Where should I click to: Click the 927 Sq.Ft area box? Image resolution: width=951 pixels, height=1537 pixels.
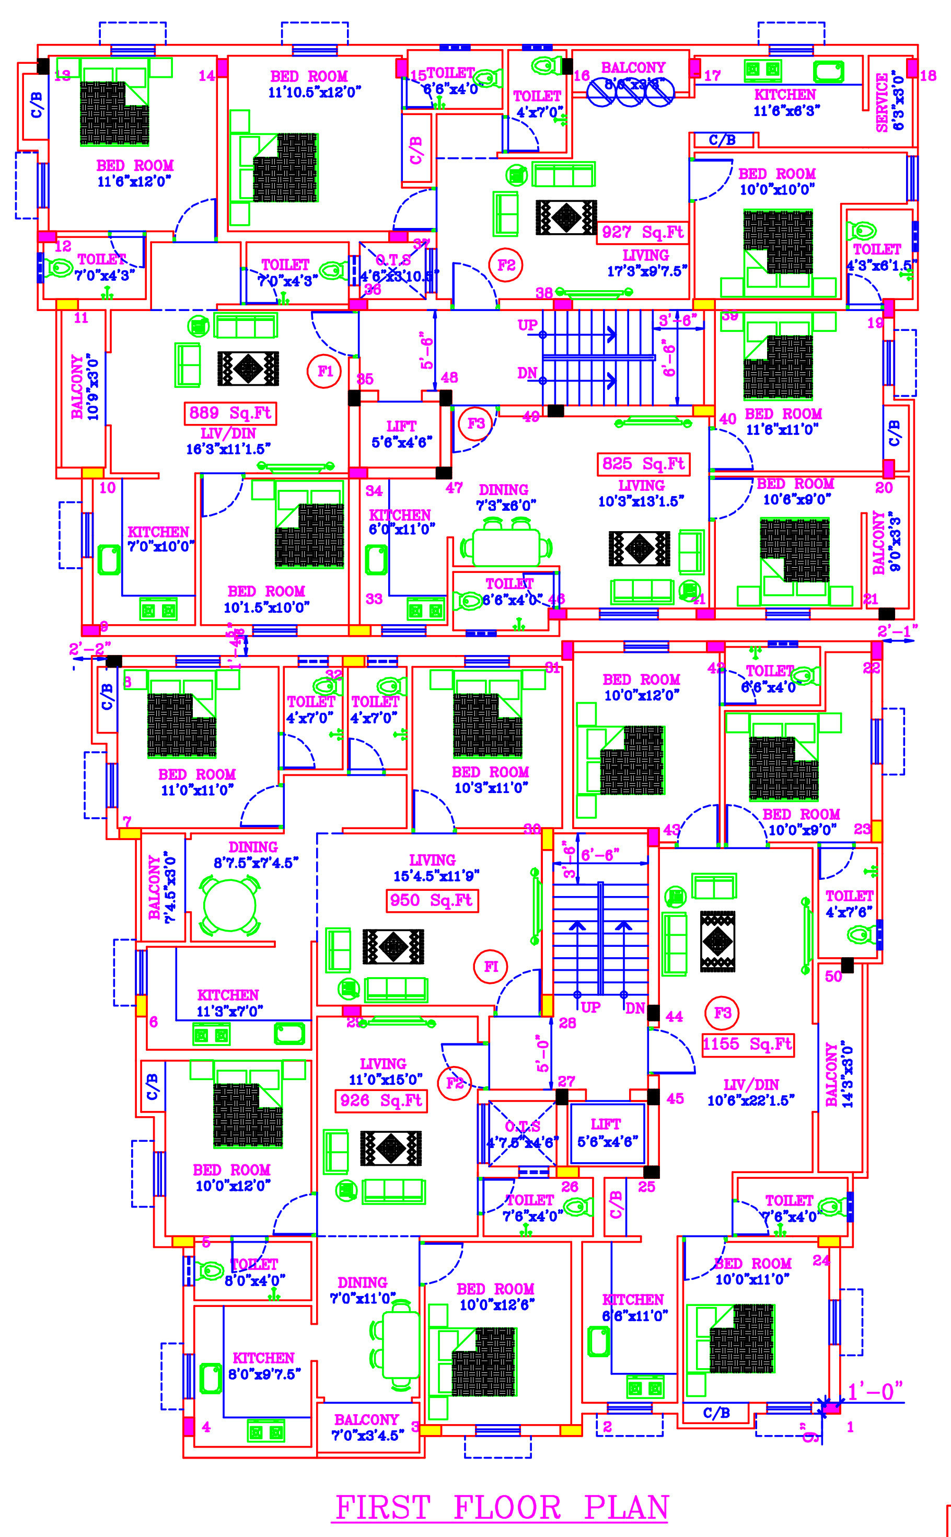click(642, 232)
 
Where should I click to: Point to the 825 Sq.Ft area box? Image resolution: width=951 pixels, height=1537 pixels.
click(643, 464)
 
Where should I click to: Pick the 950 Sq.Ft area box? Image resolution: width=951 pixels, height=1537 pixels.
click(432, 900)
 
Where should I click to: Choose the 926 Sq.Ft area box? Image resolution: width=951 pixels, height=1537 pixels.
click(381, 1100)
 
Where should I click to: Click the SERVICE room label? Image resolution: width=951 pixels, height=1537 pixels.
click(883, 102)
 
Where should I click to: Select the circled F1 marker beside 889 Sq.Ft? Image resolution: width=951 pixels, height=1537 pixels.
click(324, 371)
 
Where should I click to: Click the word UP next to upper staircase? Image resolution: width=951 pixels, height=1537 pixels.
click(527, 325)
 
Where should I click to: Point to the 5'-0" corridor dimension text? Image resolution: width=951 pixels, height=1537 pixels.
click(542, 1053)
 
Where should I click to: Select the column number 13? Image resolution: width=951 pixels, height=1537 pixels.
click(62, 76)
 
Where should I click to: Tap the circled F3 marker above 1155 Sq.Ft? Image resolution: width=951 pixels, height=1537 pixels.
click(722, 1013)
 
